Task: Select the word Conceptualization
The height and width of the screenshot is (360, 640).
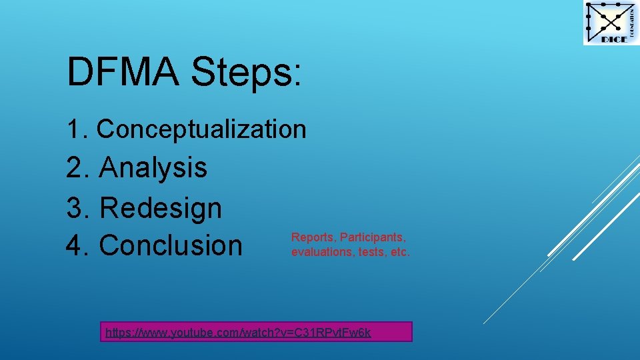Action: point(201,129)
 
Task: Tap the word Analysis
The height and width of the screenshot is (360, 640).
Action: point(153,167)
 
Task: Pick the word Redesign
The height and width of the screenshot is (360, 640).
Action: point(160,208)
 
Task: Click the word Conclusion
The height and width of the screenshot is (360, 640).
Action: point(171,245)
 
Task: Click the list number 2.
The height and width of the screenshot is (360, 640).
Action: point(75,167)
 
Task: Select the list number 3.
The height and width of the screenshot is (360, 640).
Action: point(75,208)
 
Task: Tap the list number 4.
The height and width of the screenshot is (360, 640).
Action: point(75,245)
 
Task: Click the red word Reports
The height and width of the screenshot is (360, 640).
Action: point(310,238)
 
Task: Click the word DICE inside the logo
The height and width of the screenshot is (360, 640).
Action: point(613,39)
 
